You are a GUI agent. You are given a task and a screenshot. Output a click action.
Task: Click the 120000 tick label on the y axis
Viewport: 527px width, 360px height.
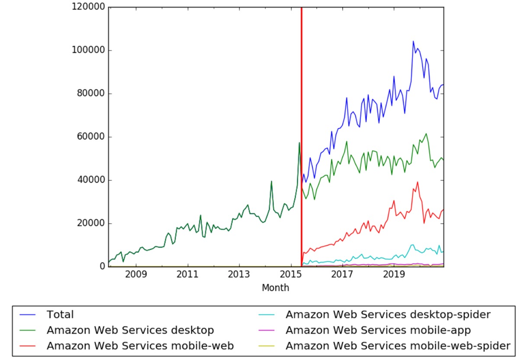pyautogui.click(x=89, y=7)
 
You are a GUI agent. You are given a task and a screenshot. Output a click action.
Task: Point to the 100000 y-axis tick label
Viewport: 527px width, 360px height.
pyautogui.click(x=89, y=51)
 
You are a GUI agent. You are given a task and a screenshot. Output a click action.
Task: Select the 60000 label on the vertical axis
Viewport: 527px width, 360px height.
pyautogui.click(x=91, y=137)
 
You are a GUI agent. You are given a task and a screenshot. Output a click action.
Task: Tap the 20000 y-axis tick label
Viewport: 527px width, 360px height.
pyautogui.click(x=91, y=224)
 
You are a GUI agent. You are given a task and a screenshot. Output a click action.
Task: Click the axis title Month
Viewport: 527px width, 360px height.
pyautogui.click(x=275, y=288)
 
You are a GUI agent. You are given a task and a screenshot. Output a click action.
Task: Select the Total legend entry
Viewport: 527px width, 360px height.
pyautogui.click(x=60, y=315)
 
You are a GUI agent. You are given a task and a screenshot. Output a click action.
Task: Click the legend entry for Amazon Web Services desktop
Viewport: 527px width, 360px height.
pyautogui.click(x=130, y=330)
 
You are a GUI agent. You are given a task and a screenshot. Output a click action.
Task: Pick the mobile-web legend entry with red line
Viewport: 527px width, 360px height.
pyautogui.click(x=140, y=346)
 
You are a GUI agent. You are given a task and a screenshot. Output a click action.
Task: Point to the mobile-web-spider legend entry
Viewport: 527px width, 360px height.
pyautogui.click(x=398, y=346)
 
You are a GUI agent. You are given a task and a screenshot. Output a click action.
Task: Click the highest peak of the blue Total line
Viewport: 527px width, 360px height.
pyautogui.click(x=413, y=42)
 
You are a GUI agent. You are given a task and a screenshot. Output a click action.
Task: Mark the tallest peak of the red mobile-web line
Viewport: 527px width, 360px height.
pyautogui.click(x=418, y=182)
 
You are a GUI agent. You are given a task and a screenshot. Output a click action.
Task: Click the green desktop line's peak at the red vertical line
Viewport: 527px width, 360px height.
pyautogui.click(x=299, y=143)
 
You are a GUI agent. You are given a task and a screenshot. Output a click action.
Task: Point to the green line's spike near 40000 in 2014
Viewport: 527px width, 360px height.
pyautogui.click(x=271, y=181)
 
